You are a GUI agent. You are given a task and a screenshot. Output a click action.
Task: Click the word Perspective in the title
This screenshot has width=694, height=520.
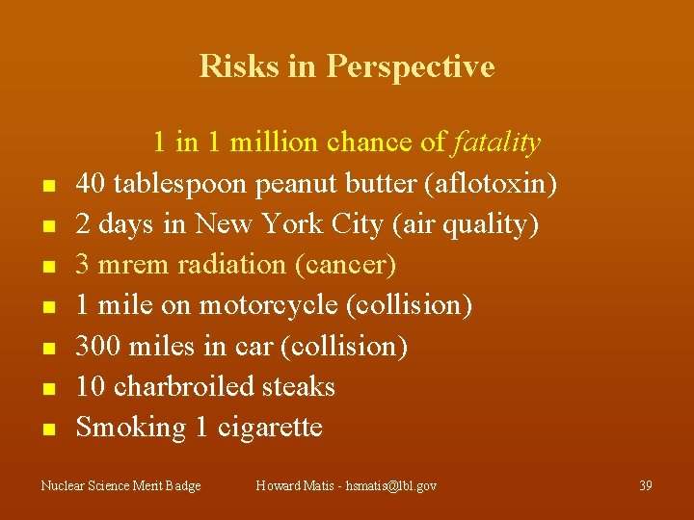pyautogui.click(x=410, y=66)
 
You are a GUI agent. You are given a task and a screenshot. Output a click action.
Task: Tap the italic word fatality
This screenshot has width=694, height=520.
pyautogui.click(x=496, y=143)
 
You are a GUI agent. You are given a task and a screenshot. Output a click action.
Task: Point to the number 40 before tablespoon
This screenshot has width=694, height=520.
pyautogui.click(x=91, y=183)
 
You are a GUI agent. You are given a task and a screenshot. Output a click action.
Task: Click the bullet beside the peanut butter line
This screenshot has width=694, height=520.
pyautogui.click(x=47, y=185)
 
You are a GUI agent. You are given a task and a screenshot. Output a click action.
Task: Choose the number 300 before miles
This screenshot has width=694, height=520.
pyautogui.click(x=98, y=346)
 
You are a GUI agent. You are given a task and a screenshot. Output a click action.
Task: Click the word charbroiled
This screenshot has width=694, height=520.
pyautogui.click(x=177, y=386)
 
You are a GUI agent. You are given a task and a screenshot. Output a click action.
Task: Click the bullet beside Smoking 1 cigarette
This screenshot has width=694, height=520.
pyautogui.click(x=47, y=429)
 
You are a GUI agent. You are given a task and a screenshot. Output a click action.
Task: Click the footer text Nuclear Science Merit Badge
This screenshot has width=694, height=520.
pyautogui.click(x=120, y=486)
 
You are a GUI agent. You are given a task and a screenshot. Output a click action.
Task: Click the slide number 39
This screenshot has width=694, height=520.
pyautogui.click(x=645, y=486)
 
